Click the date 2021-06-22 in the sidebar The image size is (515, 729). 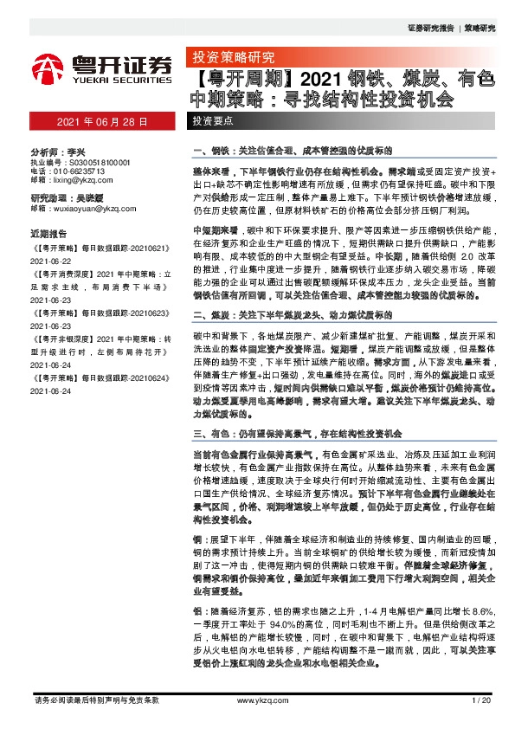coord(51,257)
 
